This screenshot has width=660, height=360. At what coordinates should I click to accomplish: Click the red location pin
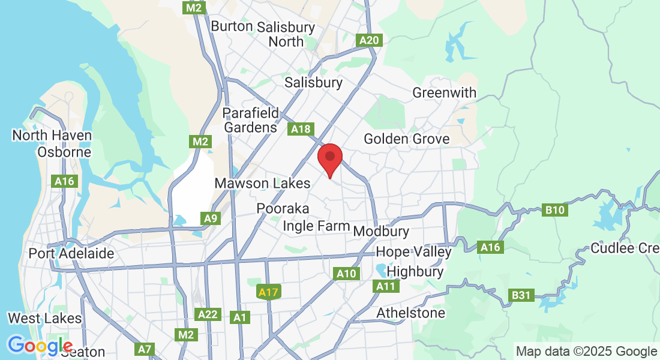click(329, 158)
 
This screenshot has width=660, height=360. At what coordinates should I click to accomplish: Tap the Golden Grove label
click(407, 139)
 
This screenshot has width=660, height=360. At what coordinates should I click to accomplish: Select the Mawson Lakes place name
click(263, 183)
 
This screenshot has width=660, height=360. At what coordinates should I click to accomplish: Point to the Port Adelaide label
click(71, 253)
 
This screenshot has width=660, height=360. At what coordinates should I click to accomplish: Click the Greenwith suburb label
click(445, 93)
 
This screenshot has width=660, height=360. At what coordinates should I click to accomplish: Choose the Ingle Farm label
click(316, 226)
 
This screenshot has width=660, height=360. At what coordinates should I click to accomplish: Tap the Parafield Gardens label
click(251, 120)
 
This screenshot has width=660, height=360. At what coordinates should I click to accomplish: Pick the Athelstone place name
click(411, 313)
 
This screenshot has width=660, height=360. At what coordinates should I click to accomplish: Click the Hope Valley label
click(413, 251)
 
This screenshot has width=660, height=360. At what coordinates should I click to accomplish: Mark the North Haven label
click(52, 135)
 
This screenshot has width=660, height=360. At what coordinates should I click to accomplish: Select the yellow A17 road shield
click(268, 292)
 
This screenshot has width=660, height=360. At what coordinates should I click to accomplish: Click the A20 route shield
click(369, 40)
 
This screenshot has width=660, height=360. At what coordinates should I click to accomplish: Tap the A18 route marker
click(300, 128)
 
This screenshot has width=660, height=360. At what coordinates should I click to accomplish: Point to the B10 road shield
click(555, 210)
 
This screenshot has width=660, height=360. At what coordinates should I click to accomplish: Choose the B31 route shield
click(521, 295)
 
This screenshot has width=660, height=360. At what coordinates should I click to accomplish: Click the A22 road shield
click(209, 314)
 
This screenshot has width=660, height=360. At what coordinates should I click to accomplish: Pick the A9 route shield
click(210, 218)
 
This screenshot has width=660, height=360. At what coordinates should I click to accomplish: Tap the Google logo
click(40, 346)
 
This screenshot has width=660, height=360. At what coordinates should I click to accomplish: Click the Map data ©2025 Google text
click(586, 352)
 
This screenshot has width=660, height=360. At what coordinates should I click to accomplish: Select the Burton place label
click(232, 26)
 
